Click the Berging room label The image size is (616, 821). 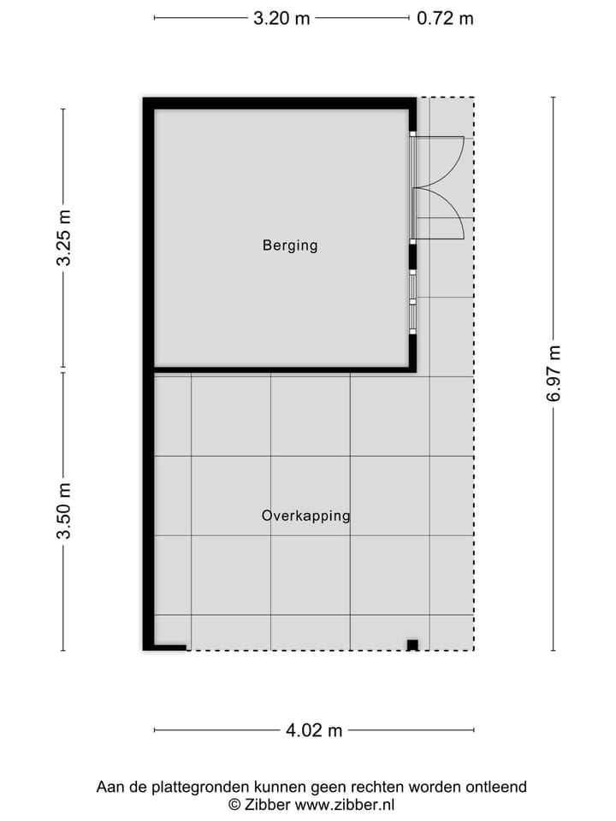289,245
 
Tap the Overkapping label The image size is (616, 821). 305,516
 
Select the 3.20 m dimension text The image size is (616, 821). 281,18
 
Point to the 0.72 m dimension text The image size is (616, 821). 445,18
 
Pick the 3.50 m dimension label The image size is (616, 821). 64,511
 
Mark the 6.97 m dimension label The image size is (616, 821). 554,373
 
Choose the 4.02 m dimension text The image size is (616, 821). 313,730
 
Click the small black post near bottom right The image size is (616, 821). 412,645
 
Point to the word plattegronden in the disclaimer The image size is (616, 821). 193,787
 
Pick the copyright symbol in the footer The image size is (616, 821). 234,804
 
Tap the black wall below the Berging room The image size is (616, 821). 282,369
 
